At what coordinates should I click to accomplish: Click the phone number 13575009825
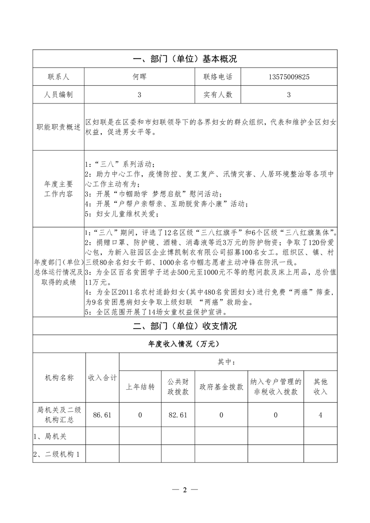[289, 76]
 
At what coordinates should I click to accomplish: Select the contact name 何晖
[140, 76]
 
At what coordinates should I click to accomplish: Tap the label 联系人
[58, 76]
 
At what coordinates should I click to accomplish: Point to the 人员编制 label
[58, 95]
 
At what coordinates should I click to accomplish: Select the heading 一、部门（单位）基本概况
[185, 59]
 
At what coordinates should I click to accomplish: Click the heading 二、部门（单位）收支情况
[185, 326]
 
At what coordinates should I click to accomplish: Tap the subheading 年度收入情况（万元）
[185, 344]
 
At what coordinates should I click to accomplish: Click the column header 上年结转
[140, 386]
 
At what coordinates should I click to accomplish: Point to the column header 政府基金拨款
[221, 386]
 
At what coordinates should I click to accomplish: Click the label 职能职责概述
[58, 127]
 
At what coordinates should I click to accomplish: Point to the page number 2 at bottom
[185, 489]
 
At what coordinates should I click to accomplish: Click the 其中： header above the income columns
[229, 361]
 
